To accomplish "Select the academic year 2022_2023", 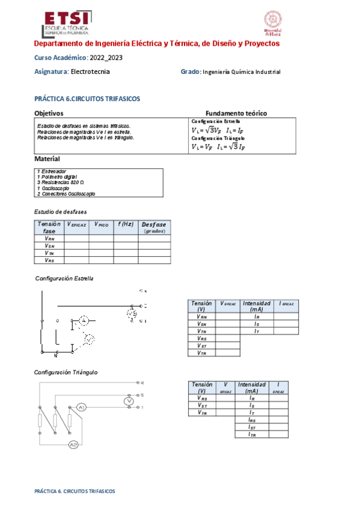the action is coord(110,58).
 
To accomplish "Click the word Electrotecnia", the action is coord(90,72).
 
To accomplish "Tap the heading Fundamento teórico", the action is coord(236,113).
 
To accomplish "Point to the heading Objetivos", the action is coord(49,113).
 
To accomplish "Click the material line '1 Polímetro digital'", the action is coord(57,177).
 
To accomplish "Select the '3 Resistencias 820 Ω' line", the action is coord(61,182).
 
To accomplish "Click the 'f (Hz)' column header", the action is coord(125,224).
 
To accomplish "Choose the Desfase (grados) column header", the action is coord(154,227).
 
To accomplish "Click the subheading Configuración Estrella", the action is coord(64,279).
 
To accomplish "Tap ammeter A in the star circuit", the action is coord(85,321).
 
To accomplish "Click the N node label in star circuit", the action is coord(55,355).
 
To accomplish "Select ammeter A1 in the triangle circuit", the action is coord(82,408).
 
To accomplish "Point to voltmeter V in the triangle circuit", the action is coord(127,401).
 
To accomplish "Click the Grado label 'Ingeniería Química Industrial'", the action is coord(242,72).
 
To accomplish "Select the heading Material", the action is coord(47,159).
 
